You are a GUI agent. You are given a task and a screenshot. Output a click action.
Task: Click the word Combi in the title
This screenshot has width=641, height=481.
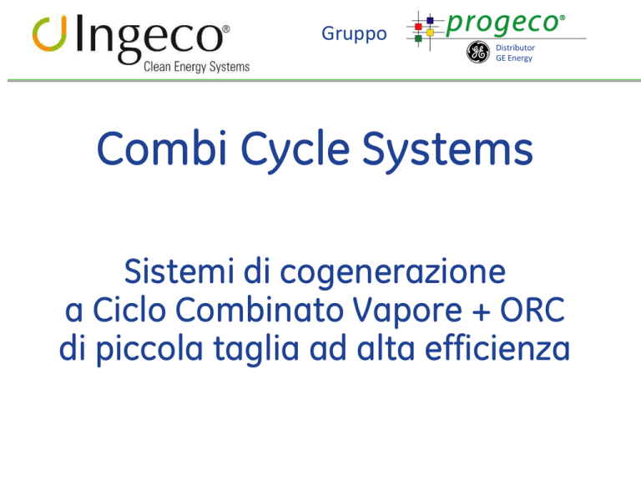tap(162, 148)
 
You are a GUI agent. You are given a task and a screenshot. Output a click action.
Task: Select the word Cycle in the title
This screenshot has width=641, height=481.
tap(295, 151)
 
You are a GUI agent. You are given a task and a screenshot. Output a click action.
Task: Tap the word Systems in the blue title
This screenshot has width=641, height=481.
tap(447, 151)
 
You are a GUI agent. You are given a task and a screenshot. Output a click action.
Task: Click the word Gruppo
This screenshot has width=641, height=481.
tap(354, 34)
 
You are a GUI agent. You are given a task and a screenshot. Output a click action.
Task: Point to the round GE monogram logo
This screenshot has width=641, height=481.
tap(478, 52)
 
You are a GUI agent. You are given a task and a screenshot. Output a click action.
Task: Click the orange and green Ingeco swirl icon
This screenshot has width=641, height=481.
tap(49, 33)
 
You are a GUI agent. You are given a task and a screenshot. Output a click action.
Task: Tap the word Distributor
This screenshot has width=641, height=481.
tap(515, 48)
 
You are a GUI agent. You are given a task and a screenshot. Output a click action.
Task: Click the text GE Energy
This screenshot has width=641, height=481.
tap(514, 58)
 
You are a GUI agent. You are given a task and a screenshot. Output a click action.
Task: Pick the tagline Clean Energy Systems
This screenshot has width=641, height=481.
tap(197, 67)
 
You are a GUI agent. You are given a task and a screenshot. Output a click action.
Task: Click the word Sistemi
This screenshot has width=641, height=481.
tap(179, 271)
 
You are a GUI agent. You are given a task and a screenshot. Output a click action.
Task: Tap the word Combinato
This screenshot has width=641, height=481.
tap(260, 310)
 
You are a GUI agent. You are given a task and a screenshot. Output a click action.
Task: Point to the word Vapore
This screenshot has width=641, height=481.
tap(407, 311)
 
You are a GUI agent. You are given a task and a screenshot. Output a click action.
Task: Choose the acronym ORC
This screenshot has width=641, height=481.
tap(532, 310)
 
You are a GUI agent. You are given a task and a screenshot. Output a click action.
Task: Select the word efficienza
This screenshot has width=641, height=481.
tap(497, 347)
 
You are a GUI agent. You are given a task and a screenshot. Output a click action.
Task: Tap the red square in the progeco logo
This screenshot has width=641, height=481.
tap(418, 27)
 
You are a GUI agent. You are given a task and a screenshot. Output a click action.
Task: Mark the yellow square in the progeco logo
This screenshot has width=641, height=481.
tap(430, 33)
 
